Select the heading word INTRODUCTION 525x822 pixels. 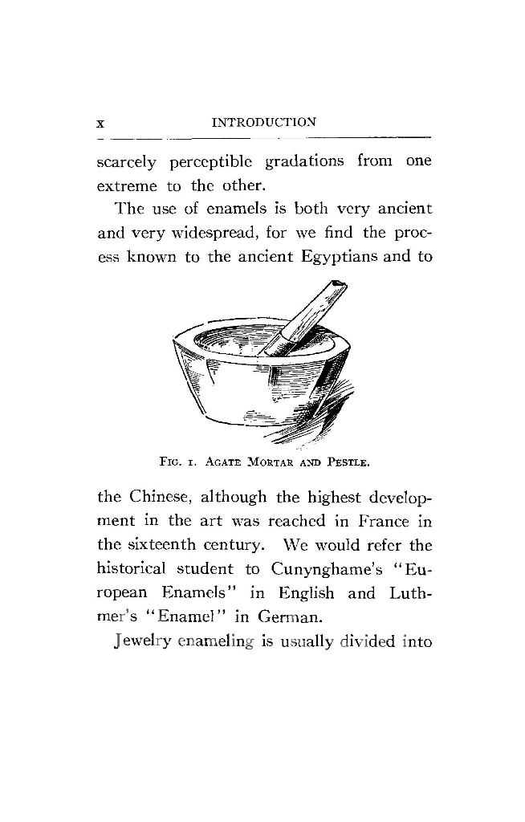tap(262, 123)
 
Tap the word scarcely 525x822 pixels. tap(127, 161)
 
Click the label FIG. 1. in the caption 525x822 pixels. tap(173, 463)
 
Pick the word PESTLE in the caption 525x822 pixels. tap(346, 463)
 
